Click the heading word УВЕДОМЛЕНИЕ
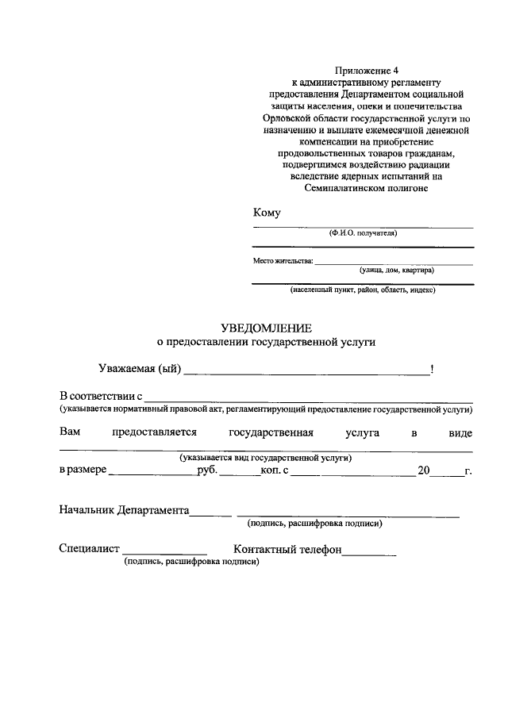click(x=266, y=328)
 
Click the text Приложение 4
click(x=366, y=70)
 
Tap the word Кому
click(x=266, y=213)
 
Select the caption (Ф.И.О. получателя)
click(x=363, y=233)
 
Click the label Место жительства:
click(x=283, y=260)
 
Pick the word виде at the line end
click(x=460, y=433)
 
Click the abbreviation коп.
click(x=273, y=470)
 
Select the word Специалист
click(x=89, y=549)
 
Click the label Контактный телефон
click(x=287, y=549)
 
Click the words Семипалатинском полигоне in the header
click(x=366, y=186)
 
